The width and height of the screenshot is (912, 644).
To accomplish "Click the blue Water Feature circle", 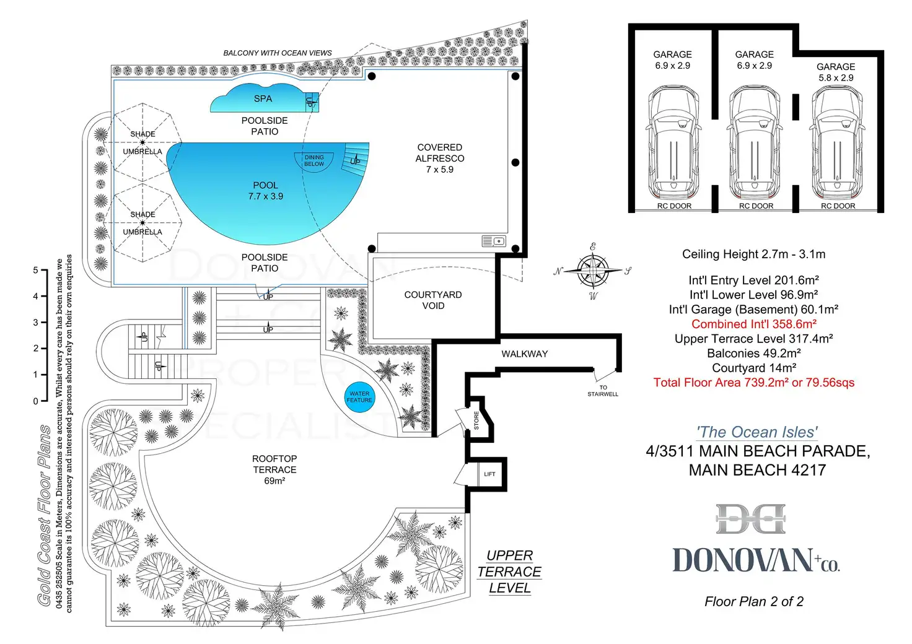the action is coord(359,396).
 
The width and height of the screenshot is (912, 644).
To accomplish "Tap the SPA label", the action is coord(263,98).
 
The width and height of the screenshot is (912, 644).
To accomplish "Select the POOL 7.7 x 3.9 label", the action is coord(265,191).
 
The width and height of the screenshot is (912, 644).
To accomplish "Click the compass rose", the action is coord(593,271).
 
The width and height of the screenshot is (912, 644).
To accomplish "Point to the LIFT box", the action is coord(489,474).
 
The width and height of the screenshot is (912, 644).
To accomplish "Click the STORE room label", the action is coord(476,420).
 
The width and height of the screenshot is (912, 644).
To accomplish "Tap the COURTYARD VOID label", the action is coord(433,300).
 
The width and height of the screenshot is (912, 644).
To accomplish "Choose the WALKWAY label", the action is coord(524,354).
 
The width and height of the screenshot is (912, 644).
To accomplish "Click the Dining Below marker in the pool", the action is coord(314,160).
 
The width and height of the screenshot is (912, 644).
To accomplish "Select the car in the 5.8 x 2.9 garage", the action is coord(837,141).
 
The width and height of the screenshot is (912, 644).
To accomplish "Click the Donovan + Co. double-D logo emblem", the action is coord(750,519).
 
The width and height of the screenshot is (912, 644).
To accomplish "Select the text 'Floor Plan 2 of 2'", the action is coord(753,601).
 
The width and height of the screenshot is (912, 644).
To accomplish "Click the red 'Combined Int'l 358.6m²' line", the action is coord(753,324).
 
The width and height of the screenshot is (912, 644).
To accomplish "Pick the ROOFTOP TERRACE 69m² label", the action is coord(274,469).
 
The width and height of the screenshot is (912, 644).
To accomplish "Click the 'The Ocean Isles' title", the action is coord(756,432).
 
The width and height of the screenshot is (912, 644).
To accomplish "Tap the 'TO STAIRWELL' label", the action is coord(603,391).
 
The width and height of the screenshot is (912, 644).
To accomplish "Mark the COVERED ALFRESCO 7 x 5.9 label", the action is coord(440,159).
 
